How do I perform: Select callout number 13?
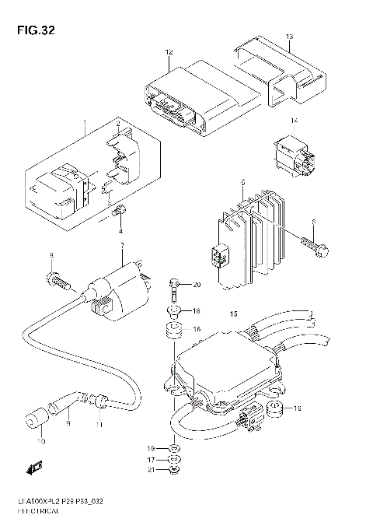289,37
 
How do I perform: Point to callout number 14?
295,121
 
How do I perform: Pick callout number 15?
232,314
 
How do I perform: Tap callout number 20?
197,284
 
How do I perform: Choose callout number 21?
152,470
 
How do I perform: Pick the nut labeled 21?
176,470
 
